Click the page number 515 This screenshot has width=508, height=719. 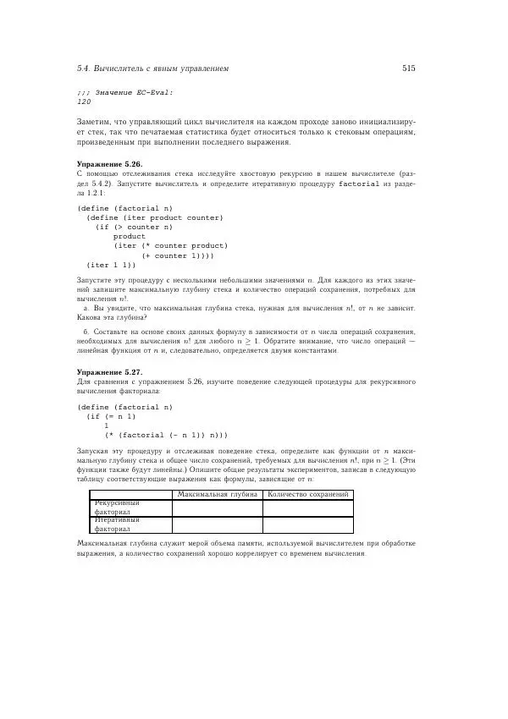coord(408,68)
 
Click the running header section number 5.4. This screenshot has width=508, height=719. coord(82,68)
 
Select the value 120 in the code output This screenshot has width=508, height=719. coord(84,100)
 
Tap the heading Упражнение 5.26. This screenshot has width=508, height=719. coord(109,163)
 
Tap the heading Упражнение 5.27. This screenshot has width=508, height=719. coord(109,372)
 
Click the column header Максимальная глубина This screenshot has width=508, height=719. coord(218,494)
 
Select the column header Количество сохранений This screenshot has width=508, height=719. coord(307,494)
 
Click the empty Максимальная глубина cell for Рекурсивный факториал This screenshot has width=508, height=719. coord(218,508)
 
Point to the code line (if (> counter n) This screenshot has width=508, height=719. coord(134,227)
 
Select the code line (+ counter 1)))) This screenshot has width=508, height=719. coord(178,255)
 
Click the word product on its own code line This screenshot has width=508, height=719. coord(130,236)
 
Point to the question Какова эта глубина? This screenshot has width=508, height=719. coord(106,317)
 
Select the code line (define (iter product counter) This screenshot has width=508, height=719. coord(155,217)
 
